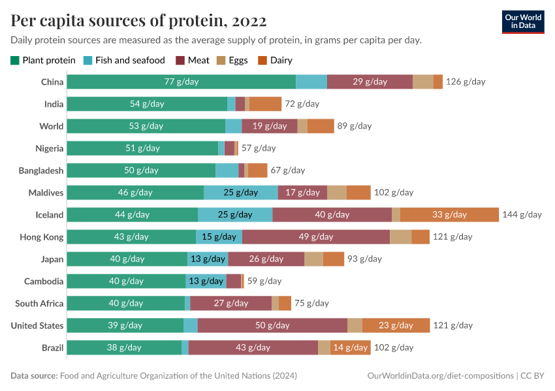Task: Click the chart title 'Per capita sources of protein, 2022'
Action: tap(138, 21)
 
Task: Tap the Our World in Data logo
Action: tap(522, 21)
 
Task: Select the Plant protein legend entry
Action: tap(43, 60)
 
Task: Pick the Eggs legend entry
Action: tap(232, 60)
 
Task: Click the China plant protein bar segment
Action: tap(181, 81)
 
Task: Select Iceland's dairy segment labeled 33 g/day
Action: tap(450, 214)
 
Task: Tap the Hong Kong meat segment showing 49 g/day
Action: tap(316, 237)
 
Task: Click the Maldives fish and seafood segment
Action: tap(240, 192)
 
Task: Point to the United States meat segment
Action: tap(272, 325)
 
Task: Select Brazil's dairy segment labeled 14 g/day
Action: tap(350, 347)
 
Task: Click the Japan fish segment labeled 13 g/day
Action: tap(208, 259)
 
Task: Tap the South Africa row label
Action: tap(39, 303)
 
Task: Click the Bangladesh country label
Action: tap(40, 170)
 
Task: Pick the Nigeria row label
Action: tap(49, 148)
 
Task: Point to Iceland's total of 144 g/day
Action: tap(522, 214)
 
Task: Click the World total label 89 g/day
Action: tap(355, 126)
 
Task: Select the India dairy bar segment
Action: tap(265, 104)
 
